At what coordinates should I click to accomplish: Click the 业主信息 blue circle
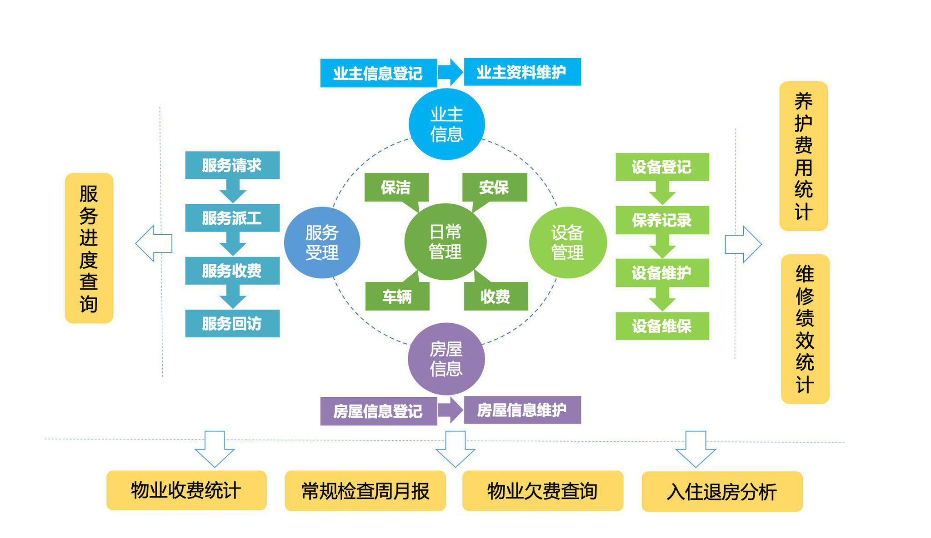(446, 124)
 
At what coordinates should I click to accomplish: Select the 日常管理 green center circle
(445, 242)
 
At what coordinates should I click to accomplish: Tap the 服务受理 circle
(322, 242)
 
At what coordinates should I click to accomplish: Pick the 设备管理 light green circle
(567, 242)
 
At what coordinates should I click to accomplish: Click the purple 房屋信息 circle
(446, 359)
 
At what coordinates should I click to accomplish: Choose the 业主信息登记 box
(378, 73)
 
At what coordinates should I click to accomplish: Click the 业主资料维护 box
(522, 72)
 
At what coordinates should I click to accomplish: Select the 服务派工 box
(232, 218)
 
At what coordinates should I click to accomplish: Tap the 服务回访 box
(232, 324)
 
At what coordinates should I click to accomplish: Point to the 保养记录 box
(662, 220)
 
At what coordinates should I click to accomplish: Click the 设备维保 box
(662, 326)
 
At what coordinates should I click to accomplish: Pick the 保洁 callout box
(396, 187)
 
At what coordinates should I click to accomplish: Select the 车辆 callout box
(397, 296)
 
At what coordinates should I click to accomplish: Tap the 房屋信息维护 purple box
(522, 410)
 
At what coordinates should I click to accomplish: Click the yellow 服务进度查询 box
(89, 248)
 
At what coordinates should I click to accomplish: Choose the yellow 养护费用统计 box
(803, 156)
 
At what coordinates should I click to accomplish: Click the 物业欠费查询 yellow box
(542, 491)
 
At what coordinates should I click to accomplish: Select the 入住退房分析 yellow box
(722, 492)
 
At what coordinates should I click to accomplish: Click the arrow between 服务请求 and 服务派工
(233, 191)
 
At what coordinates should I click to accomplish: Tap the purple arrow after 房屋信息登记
(450, 410)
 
